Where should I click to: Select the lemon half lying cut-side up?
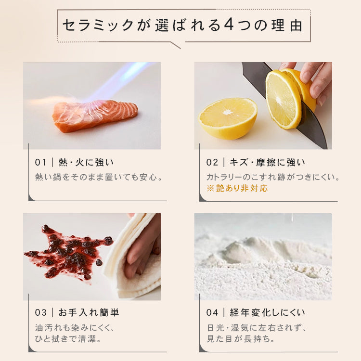(228, 118)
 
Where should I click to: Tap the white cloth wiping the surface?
(133, 256)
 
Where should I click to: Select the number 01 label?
(40, 163)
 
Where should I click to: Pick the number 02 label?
(212, 163)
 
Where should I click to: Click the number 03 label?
(41, 313)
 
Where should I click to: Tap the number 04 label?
(212, 313)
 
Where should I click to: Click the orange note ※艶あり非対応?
(237, 188)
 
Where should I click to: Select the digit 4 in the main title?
(229, 25)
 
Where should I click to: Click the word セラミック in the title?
(98, 25)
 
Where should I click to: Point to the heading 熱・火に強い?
(86, 163)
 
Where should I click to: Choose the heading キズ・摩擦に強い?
(268, 163)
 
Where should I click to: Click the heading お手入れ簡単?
(89, 313)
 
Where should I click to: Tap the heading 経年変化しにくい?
(268, 313)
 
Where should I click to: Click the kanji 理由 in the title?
(287, 25)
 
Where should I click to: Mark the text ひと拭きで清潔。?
(68, 339)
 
